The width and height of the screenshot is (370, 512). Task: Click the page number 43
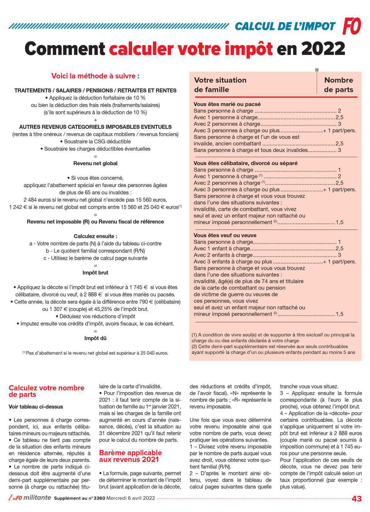coord(356,499)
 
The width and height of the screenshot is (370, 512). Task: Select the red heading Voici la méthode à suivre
coord(95,76)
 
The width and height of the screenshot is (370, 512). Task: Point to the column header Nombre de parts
coord(338,85)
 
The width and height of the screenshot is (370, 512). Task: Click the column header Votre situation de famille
coord(220,85)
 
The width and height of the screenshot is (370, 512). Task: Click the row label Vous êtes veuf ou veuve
coord(225,235)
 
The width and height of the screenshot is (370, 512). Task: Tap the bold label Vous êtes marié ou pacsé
coord(227,104)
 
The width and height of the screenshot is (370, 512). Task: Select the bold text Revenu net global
coord(95,163)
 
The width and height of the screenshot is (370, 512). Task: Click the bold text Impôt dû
coord(95,338)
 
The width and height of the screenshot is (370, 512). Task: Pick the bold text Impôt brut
coord(95,272)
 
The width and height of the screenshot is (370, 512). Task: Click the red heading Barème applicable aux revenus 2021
coord(130,456)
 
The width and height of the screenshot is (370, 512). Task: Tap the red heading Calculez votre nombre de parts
coord(46,391)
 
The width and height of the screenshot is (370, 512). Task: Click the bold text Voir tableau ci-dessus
coord(36,407)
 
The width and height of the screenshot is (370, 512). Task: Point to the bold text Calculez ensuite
coord(95,236)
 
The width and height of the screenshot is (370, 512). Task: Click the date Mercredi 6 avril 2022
coord(130,498)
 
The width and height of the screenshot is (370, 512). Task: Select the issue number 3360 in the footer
coord(99,498)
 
